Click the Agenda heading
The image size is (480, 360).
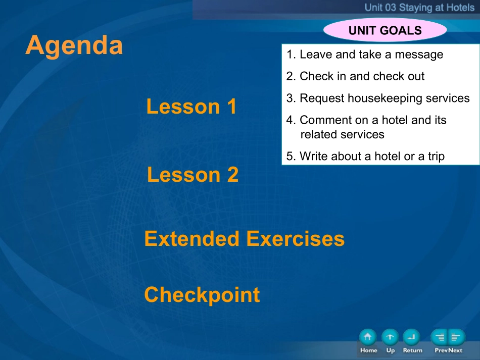point(74,46)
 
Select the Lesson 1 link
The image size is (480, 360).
point(191,107)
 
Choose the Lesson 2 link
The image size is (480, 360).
point(193,175)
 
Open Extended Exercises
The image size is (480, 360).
point(244,239)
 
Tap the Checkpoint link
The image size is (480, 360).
point(202,295)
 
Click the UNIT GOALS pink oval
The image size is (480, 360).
point(385,30)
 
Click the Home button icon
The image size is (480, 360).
point(368,337)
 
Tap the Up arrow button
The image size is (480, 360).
point(390,337)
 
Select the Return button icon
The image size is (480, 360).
point(411,337)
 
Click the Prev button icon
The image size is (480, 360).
point(439,337)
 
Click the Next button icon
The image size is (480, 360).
point(457,337)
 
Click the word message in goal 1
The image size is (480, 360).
point(419,55)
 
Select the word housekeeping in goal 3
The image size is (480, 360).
point(385,98)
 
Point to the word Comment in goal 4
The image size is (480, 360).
point(326,120)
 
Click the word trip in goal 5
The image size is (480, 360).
point(436,157)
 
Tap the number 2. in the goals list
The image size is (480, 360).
point(291,76)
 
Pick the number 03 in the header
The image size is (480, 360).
point(390,8)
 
